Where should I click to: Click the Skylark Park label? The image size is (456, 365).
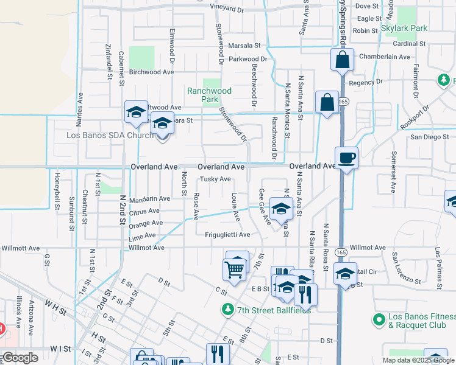click(x=404, y=28)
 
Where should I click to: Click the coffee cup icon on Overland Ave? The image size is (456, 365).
click(x=346, y=157)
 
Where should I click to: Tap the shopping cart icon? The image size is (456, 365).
click(x=235, y=268)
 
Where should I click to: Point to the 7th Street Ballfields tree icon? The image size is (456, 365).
click(x=228, y=310)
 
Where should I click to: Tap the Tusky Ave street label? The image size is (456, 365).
click(x=216, y=179)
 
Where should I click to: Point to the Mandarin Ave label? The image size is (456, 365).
click(x=149, y=198)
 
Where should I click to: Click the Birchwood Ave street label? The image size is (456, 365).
click(x=152, y=72)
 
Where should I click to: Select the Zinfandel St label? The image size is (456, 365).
click(x=109, y=61)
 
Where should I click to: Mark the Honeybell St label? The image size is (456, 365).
click(x=57, y=192)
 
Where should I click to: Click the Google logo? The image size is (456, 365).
click(x=21, y=357)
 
